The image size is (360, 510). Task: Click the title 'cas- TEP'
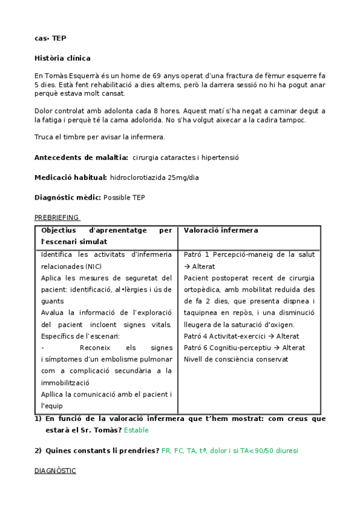50,38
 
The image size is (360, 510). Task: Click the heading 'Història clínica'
63,58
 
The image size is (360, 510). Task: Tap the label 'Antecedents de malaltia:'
81,158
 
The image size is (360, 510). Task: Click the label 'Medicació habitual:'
71,177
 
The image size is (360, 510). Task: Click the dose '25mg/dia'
184,177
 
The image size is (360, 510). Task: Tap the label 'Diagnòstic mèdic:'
68,197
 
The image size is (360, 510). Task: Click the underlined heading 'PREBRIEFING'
56,217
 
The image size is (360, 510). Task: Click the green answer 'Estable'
136,430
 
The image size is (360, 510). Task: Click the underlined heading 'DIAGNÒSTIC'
55,470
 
